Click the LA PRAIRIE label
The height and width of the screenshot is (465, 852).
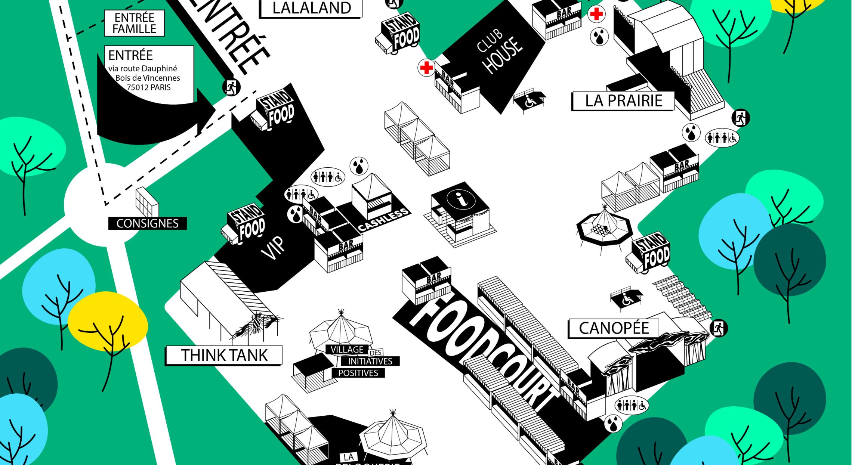click(x=623, y=101)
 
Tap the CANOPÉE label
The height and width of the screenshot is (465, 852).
click(x=614, y=328)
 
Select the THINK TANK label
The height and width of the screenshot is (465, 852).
click(x=224, y=355)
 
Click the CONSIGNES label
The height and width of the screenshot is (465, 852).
click(x=147, y=223)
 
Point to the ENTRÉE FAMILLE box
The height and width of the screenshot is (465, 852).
click(x=134, y=23)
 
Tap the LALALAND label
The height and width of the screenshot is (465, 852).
click(x=311, y=8)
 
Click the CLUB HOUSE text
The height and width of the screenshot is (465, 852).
click(x=498, y=53)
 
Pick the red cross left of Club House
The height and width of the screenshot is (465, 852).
click(x=426, y=68)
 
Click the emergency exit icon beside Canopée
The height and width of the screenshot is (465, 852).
click(x=718, y=328)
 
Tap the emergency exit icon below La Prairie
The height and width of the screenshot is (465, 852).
click(x=740, y=118)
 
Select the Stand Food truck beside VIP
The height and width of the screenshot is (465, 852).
click(x=245, y=224)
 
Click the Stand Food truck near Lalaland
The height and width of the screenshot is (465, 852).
click(x=398, y=34)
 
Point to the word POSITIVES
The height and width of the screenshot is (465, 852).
click(x=358, y=373)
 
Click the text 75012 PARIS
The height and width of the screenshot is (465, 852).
click(x=148, y=87)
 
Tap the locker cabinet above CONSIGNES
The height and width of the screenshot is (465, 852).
click(x=147, y=202)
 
